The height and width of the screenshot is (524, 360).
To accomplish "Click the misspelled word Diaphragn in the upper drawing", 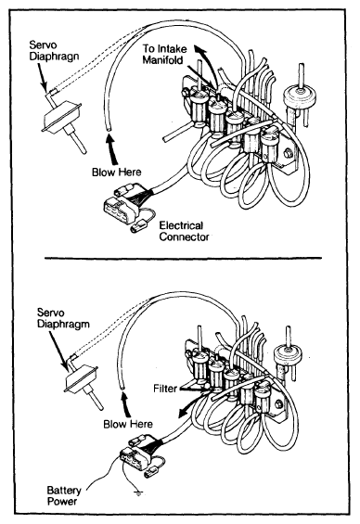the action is pos(54,56).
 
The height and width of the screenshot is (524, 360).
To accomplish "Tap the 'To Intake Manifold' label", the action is pos(165,54).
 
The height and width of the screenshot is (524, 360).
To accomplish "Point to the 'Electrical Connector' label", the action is pos(184,231).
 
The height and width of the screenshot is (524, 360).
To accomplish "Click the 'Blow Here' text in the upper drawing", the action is pos(117,173).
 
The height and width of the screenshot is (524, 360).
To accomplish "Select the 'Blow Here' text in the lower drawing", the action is pos(128,424).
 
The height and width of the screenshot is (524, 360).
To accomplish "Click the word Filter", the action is pos(165,389).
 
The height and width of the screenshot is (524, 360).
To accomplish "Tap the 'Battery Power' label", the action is pos(64,496).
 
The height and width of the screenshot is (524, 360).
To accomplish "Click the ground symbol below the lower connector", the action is pos(137,492).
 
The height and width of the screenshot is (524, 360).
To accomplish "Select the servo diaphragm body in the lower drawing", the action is pos(82,379).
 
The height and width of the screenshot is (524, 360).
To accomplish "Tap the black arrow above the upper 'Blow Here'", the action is pos(112,148).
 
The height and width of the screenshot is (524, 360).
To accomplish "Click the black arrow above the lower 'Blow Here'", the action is pos(125,405).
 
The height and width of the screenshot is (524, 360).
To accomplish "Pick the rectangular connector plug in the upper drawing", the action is pos(120,210).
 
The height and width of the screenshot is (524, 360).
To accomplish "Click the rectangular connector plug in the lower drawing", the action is pos(134,458).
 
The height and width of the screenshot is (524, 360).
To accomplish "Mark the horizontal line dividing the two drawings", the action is pos(183,258).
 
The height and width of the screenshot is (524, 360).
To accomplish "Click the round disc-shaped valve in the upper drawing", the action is pos(299,96).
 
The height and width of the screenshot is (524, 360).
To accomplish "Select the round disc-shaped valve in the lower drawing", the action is pos(288,356).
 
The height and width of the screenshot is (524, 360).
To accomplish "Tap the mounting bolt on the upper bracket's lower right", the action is pos(287,154).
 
